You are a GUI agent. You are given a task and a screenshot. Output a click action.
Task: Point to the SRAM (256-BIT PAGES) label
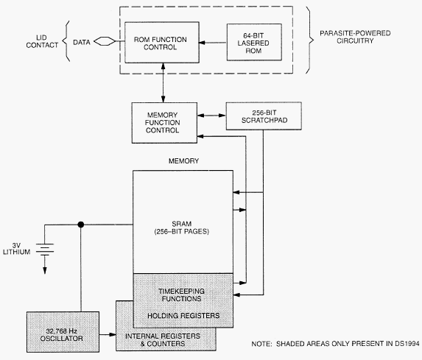point(182,227)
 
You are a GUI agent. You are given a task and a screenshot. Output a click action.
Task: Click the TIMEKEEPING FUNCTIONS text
point(181,295)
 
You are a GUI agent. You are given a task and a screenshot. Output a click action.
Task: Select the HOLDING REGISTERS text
point(183,316)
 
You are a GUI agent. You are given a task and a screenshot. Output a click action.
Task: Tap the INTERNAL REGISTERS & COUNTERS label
point(163,340)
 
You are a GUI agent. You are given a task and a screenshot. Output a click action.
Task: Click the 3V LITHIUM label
point(16,249)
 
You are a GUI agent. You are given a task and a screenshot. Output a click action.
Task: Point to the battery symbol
point(45,250)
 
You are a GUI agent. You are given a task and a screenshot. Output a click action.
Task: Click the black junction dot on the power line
point(81,225)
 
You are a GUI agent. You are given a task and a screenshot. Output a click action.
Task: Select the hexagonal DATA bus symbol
point(105,41)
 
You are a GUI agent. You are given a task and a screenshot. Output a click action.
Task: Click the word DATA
point(82,42)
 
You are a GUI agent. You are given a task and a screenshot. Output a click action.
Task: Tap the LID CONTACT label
point(42,41)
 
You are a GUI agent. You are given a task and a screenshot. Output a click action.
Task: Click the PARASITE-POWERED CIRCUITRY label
point(355,37)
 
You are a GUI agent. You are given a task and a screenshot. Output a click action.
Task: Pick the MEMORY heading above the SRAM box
point(183,161)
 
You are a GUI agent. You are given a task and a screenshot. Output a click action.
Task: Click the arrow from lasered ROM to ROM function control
point(213,43)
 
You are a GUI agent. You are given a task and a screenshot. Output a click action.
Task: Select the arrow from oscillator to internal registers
point(108,335)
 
